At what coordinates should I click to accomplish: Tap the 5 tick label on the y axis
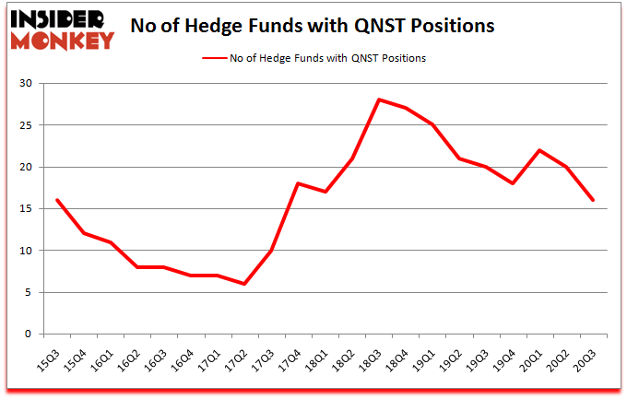click(29, 293)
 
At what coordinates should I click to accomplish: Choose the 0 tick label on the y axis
click(29, 334)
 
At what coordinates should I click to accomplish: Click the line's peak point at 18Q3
click(379, 100)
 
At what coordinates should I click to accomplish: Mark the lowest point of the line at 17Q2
click(244, 284)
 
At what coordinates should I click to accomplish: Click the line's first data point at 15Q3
click(57, 200)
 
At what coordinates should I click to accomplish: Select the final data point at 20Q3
click(593, 200)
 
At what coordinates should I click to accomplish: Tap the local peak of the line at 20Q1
click(539, 150)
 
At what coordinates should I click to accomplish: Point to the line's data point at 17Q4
click(299, 183)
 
